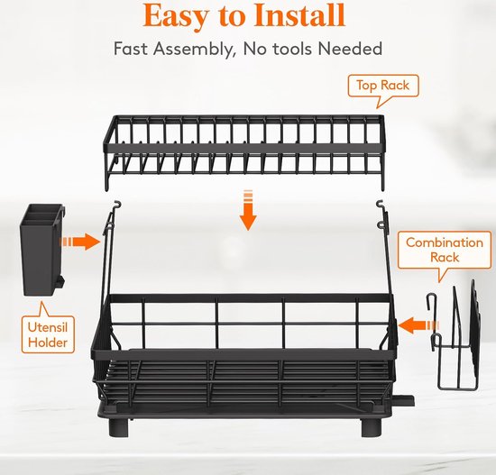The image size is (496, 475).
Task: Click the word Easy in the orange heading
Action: click(x=175, y=17)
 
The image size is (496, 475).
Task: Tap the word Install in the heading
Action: click(x=299, y=15)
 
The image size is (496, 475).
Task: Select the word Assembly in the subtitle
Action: click(x=195, y=50)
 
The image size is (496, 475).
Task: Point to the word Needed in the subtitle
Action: click(x=350, y=49)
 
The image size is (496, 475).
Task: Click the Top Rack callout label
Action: click(x=382, y=86)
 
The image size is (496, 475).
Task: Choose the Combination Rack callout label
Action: click(x=445, y=250)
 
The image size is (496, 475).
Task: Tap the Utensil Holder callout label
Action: click(x=48, y=334)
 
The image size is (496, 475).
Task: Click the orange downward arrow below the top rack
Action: click(x=248, y=210)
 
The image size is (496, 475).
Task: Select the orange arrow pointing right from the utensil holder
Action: click(x=80, y=242)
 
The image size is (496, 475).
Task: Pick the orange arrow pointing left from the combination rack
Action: click(x=418, y=325)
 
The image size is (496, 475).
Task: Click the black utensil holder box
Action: click(x=42, y=250)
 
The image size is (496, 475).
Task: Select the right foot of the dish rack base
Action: click(x=372, y=427)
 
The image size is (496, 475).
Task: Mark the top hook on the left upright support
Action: click(x=117, y=205)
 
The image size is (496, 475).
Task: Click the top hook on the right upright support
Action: click(x=380, y=205)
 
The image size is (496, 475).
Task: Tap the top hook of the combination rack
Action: click(x=431, y=299)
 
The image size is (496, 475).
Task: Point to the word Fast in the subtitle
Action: click(x=131, y=49)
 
